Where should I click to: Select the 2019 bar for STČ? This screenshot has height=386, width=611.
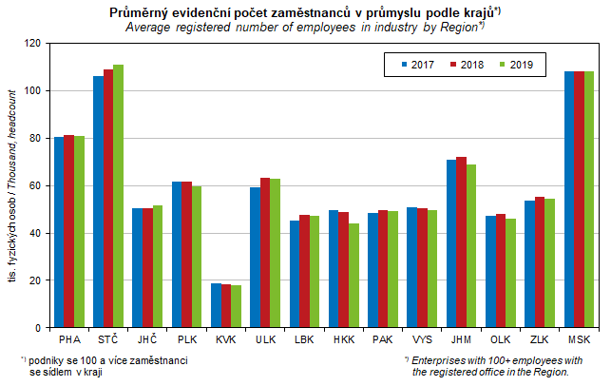119,196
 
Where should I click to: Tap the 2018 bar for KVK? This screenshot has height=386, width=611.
225,306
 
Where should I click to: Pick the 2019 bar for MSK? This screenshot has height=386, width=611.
589,200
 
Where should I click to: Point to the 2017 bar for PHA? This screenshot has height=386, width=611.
59,233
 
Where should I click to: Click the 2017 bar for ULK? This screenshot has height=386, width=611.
255,258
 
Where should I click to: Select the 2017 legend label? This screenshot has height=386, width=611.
424,65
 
